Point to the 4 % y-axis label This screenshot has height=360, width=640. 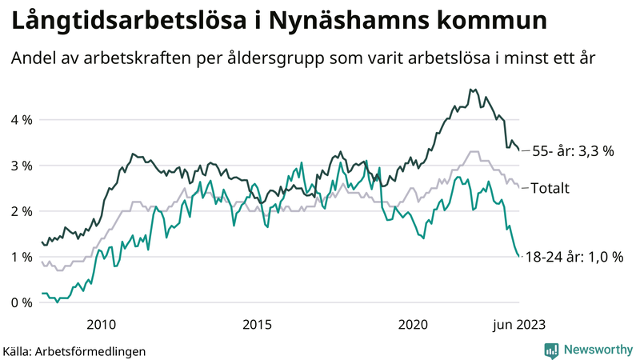(21, 119)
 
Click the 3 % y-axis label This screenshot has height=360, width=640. (21, 166)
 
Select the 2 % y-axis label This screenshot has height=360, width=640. (21, 211)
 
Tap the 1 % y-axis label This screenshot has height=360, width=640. (21, 257)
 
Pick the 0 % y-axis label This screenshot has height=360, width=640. (21, 302)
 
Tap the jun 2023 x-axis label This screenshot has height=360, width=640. (520, 324)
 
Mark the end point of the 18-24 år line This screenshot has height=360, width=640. (520, 257)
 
